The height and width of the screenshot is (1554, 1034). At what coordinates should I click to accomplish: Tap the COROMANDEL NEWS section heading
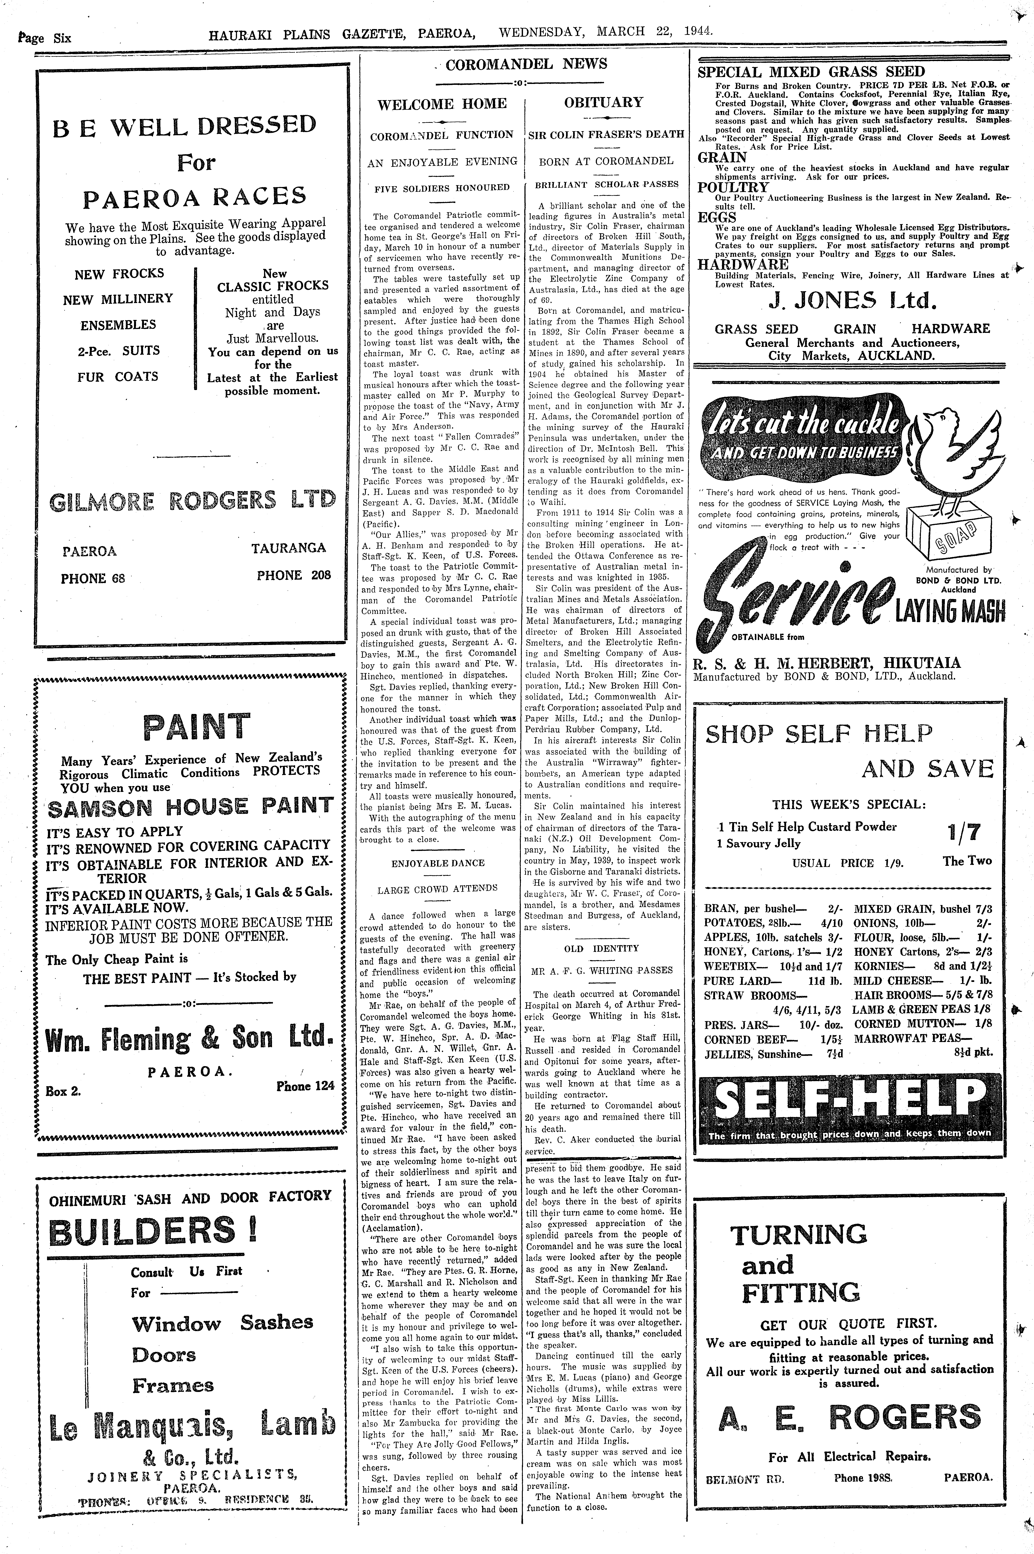pos(526,64)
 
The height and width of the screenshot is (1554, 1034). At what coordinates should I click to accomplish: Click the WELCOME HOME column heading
pos(442,104)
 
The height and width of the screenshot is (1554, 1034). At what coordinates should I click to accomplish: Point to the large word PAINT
pos(196,726)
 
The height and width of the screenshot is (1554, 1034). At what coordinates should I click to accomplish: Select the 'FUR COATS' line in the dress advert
pos(119,377)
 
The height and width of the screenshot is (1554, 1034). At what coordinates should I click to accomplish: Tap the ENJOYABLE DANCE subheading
pos(438,863)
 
